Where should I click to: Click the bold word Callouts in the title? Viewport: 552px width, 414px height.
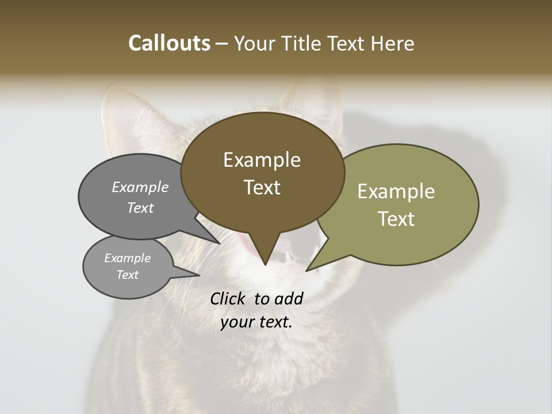coord(169,43)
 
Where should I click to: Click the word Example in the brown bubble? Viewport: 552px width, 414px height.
coord(262,160)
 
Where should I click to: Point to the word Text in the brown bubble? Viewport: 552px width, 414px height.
coord(262,187)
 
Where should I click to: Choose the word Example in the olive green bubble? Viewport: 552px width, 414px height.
coord(396,191)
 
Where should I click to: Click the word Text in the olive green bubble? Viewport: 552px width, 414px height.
coord(396,219)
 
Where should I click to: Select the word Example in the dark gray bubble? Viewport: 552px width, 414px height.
coord(140,187)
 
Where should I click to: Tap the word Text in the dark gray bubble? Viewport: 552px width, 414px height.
coord(140,208)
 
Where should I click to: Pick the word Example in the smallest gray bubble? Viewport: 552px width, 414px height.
coord(127,258)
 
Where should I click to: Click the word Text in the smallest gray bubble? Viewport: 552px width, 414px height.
coord(127,275)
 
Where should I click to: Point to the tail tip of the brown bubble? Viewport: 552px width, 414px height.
coord(265,264)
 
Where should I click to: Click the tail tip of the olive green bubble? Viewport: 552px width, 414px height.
coord(306,270)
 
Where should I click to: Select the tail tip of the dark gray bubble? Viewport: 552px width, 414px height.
coord(220,243)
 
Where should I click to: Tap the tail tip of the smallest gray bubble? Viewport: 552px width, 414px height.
coord(199,275)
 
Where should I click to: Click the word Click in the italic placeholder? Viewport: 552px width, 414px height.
coord(228,298)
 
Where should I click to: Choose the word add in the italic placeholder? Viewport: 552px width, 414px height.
coord(288,298)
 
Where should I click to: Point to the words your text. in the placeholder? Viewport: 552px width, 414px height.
coord(256,322)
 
